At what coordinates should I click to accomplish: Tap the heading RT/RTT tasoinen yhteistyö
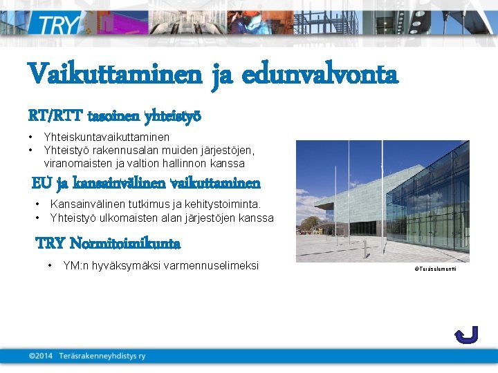pos(115,115)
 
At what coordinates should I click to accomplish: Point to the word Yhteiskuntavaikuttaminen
pos(107,137)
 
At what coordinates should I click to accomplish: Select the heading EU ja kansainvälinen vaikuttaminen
pos(147,184)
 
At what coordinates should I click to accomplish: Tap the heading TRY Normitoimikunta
pos(108,244)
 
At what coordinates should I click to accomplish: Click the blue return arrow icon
pos(466,335)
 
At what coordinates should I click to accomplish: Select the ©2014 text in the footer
pos(41,356)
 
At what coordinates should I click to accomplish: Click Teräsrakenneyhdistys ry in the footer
pos(102,356)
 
